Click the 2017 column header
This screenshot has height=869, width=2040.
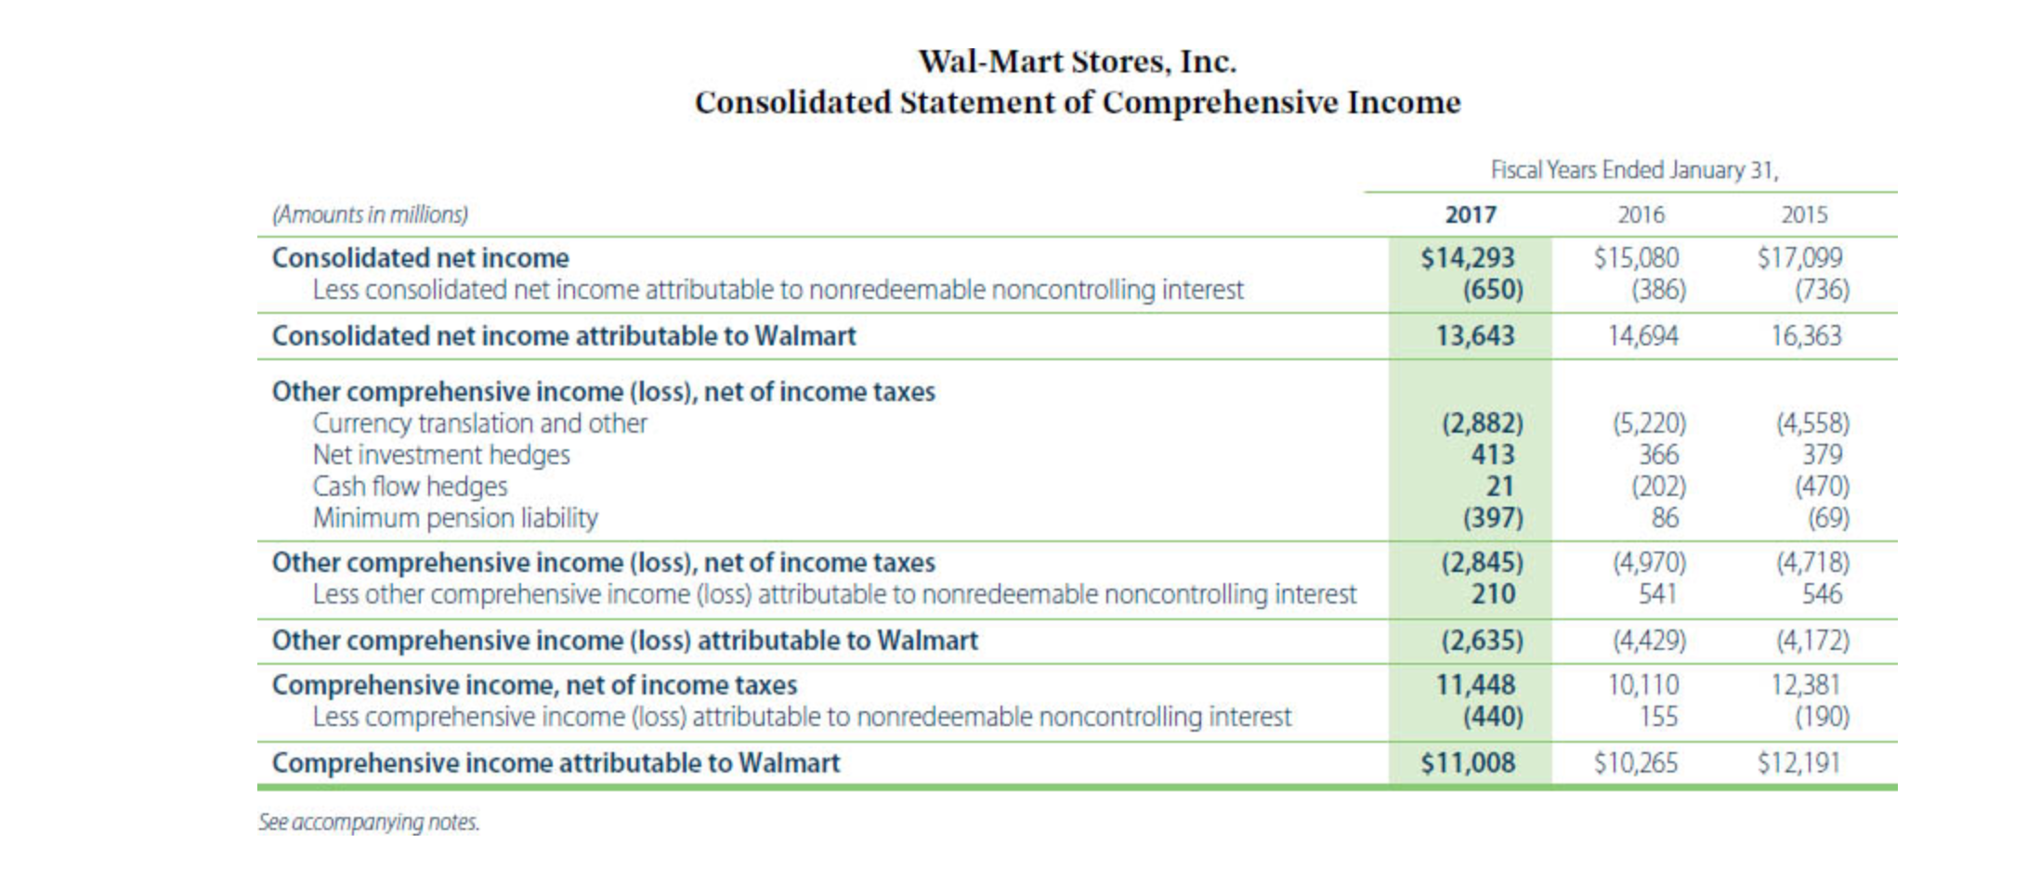(1471, 214)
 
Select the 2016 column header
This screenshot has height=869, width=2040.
(1641, 214)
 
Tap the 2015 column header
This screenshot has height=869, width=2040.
(1804, 214)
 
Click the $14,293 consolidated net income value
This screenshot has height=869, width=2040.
(1468, 257)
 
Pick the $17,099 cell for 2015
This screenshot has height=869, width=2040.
(1799, 257)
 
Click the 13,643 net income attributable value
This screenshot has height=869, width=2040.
(1475, 335)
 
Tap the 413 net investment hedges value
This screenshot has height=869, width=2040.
(1493, 454)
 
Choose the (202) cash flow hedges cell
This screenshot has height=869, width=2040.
(1659, 486)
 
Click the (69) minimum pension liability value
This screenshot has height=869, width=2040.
(1828, 517)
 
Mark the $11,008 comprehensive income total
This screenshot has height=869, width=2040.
(1468, 762)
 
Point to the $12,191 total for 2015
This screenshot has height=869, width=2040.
(1798, 762)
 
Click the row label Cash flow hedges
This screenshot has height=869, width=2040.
(410, 486)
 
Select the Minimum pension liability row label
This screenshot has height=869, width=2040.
(455, 517)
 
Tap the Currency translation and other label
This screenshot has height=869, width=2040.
(479, 422)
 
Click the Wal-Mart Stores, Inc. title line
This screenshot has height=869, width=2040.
(1078, 61)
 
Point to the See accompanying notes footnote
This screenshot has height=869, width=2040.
(369, 822)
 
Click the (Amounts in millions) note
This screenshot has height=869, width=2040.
(370, 214)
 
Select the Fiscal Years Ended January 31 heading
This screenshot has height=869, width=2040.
(1634, 170)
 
